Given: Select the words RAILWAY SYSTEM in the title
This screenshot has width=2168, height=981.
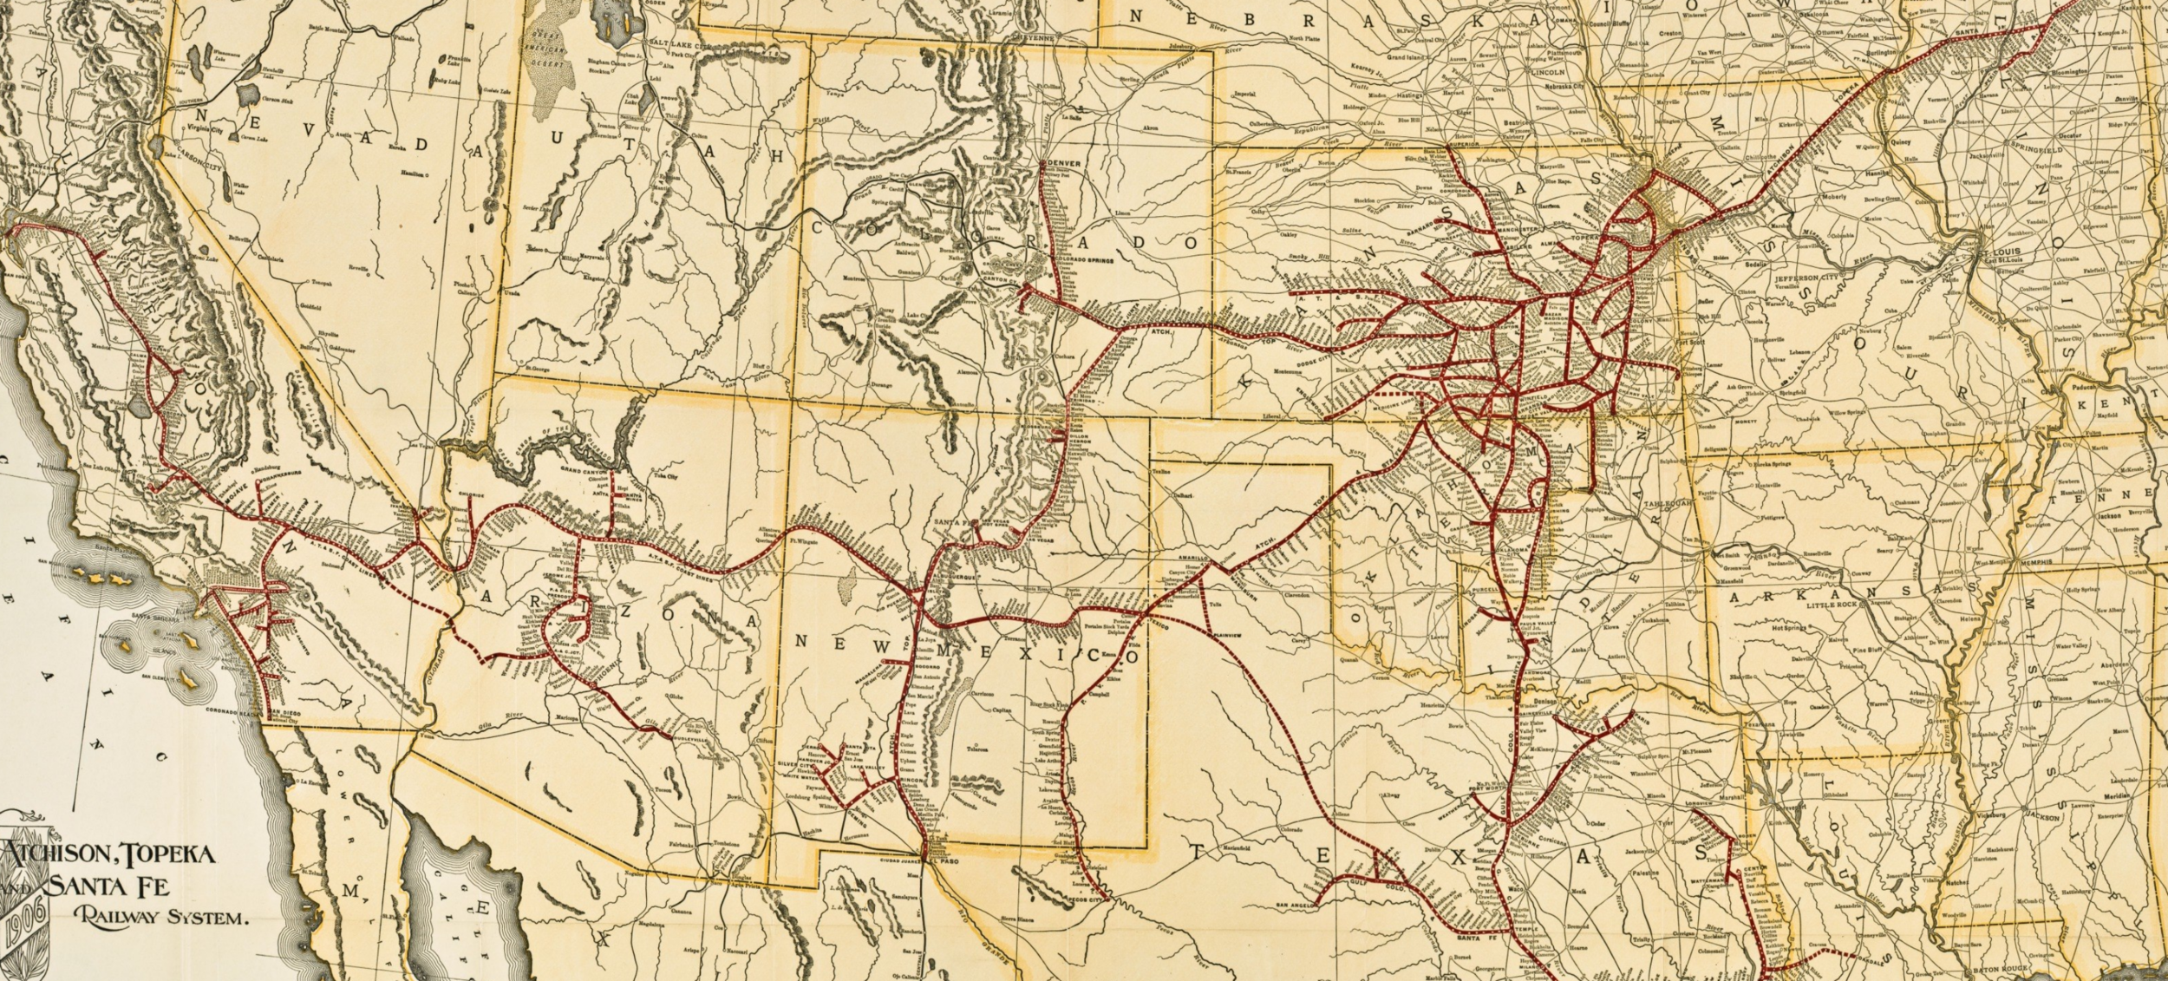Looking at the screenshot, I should [161, 918].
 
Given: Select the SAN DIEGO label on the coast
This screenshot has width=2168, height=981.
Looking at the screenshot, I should [280, 712].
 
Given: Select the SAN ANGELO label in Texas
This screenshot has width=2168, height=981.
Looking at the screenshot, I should [1296, 906].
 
